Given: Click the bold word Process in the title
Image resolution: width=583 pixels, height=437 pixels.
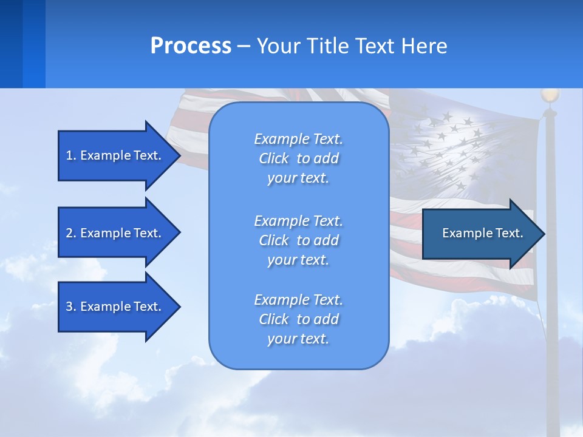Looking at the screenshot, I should [191, 46].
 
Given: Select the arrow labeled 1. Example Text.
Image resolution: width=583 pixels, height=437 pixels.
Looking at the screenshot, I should [115, 155].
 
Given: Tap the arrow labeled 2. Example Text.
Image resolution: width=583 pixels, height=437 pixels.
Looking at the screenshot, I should [115, 233].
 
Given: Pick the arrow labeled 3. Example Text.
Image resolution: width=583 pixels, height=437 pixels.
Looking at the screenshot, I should [115, 307].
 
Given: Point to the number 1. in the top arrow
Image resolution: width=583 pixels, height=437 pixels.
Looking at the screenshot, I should [71, 155].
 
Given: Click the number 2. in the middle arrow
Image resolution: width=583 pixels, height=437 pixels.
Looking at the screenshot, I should [71, 233].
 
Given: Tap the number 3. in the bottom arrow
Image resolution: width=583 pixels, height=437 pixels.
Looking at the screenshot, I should [71, 307].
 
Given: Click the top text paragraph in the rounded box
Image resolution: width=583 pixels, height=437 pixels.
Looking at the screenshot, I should [298, 158].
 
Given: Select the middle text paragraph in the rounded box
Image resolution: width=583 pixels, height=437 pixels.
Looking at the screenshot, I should [298, 240].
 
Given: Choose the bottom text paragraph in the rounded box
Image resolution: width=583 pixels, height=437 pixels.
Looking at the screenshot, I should [298, 319].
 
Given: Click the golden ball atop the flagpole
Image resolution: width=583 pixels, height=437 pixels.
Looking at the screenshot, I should [550, 95].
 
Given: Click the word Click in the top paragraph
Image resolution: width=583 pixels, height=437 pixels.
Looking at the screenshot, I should [274, 158].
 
